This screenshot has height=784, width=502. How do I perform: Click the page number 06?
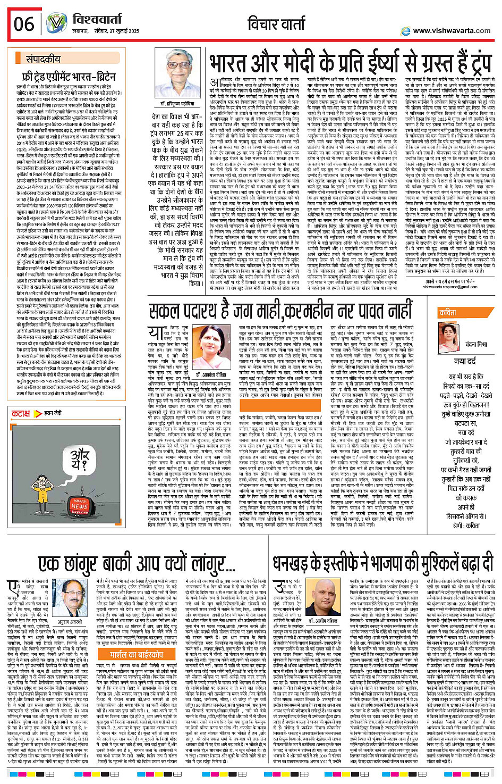(x=24, y=24)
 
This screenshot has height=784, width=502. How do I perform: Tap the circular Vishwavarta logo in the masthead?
(x=56, y=24)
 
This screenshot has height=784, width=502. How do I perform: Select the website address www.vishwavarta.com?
(x=451, y=30)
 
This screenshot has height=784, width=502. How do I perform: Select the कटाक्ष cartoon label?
(x=21, y=413)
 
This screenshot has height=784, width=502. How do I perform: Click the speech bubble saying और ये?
(x=79, y=457)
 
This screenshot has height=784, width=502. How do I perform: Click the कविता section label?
(x=447, y=313)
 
